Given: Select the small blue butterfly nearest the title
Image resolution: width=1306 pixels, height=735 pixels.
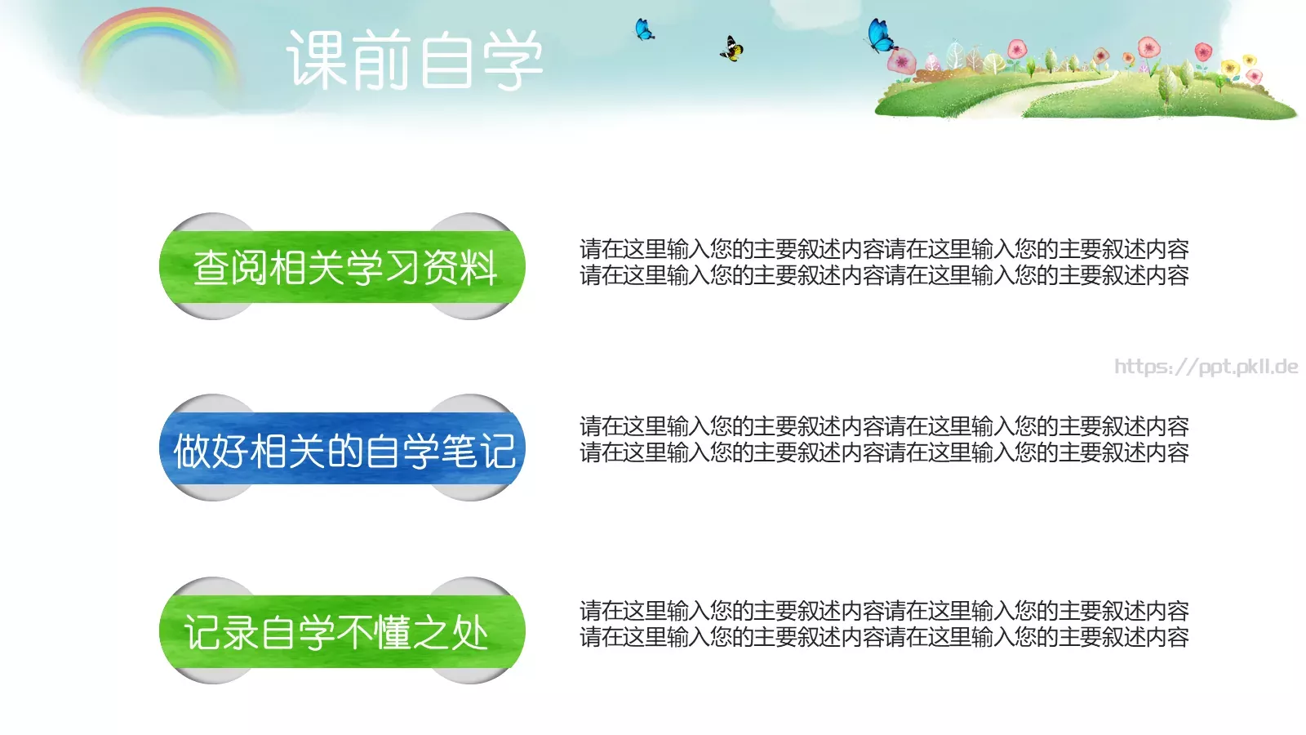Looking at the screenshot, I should [x=644, y=30].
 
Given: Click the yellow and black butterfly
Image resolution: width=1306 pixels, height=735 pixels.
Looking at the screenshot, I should [x=731, y=49].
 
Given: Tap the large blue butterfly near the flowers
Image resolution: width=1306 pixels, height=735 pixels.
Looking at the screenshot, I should [x=880, y=36].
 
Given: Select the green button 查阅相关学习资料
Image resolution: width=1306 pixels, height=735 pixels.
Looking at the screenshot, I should [x=342, y=267].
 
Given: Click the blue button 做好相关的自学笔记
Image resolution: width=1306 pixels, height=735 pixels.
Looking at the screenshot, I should [x=342, y=449].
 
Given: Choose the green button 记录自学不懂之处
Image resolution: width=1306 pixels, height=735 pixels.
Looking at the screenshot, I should [x=342, y=632].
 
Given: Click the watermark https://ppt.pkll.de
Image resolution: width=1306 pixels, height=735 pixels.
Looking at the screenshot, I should [x=1206, y=367].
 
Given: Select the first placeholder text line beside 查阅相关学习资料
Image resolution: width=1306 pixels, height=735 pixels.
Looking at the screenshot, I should [x=884, y=248].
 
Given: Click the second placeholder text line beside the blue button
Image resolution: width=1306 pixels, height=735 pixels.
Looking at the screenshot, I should [x=884, y=452].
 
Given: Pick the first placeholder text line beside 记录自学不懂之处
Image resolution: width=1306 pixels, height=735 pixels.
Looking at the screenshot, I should [x=884, y=610].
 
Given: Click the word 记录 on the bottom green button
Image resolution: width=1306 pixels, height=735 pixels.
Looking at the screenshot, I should [x=222, y=633].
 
